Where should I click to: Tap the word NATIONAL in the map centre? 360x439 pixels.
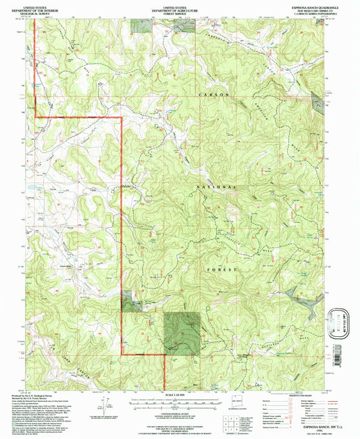coord(217,186)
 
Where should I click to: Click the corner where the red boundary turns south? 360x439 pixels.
coord(122,118)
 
